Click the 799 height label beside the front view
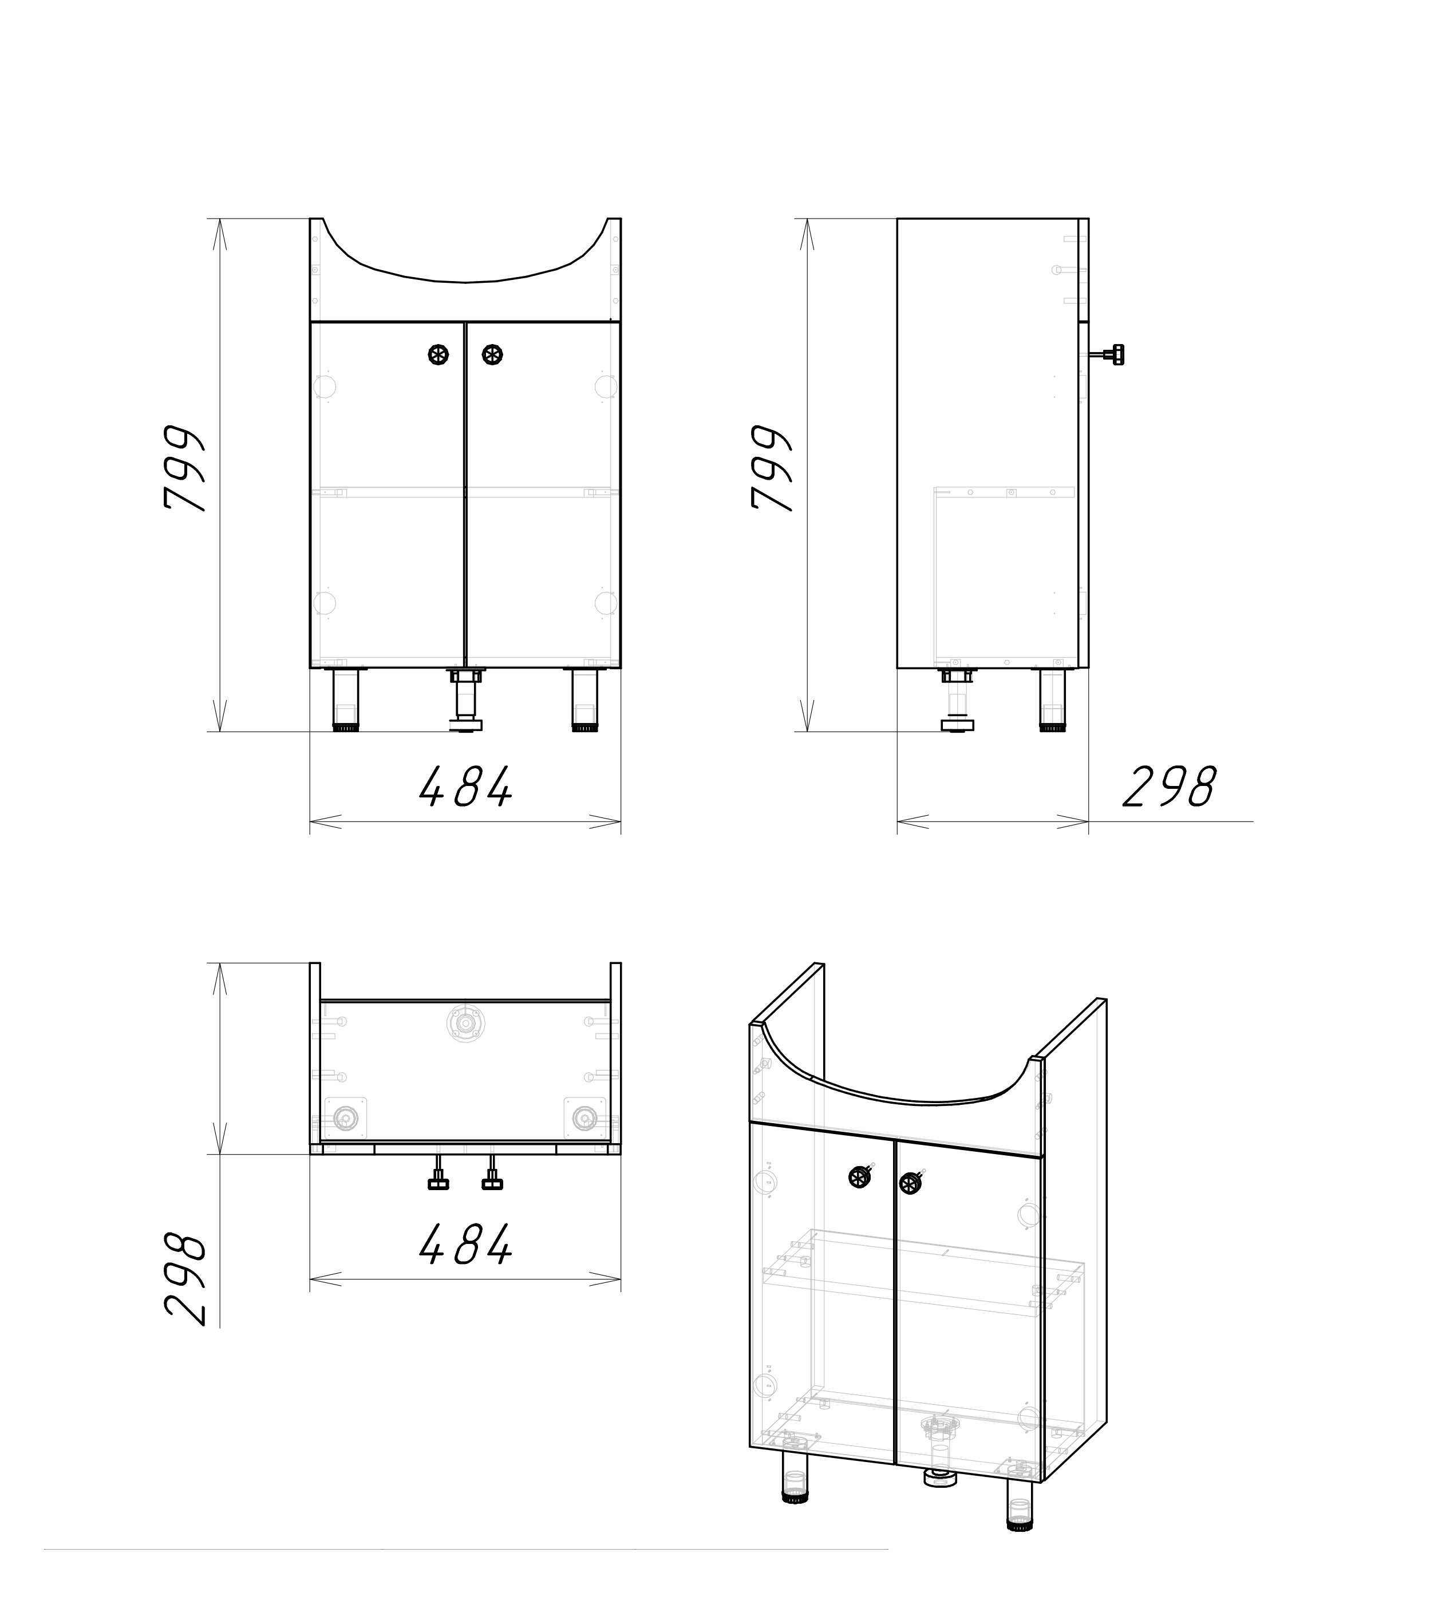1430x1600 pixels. [185, 469]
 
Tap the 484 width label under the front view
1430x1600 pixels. [466, 787]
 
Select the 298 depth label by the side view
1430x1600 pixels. [1169, 787]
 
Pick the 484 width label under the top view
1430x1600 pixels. [466, 1244]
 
